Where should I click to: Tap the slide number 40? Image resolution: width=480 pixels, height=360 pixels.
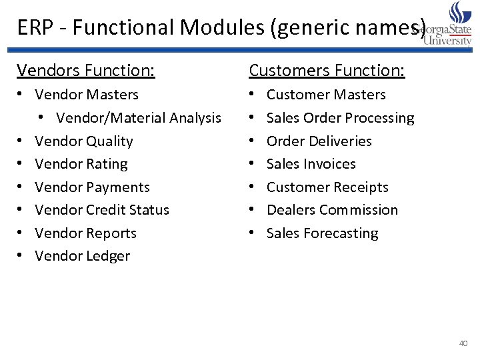click(463, 343)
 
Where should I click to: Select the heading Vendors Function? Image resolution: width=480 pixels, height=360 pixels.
click(86, 70)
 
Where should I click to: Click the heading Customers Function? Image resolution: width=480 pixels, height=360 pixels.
click(327, 70)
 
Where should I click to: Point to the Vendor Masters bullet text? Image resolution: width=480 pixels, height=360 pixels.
click(87, 95)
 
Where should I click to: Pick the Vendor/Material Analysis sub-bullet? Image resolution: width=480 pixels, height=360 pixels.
click(139, 118)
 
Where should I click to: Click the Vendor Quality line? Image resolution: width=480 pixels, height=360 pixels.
click(84, 141)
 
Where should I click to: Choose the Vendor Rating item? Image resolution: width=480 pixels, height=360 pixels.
click(81, 164)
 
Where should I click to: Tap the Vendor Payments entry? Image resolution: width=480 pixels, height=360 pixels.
click(92, 187)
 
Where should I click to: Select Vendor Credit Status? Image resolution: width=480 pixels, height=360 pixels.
click(102, 210)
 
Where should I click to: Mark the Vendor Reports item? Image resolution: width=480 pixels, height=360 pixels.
click(85, 233)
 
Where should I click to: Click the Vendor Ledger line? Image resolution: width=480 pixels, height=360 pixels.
click(82, 256)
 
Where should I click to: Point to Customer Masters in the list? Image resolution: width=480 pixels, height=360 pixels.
click(326, 95)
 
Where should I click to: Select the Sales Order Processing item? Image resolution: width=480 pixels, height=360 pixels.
click(340, 118)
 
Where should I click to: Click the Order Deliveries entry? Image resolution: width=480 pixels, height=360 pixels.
click(319, 141)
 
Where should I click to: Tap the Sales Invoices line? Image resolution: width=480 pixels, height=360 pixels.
click(311, 164)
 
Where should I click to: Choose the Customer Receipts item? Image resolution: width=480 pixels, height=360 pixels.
click(327, 187)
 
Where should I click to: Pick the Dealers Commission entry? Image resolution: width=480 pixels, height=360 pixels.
click(332, 210)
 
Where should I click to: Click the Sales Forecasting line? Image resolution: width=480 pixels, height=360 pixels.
click(322, 233)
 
